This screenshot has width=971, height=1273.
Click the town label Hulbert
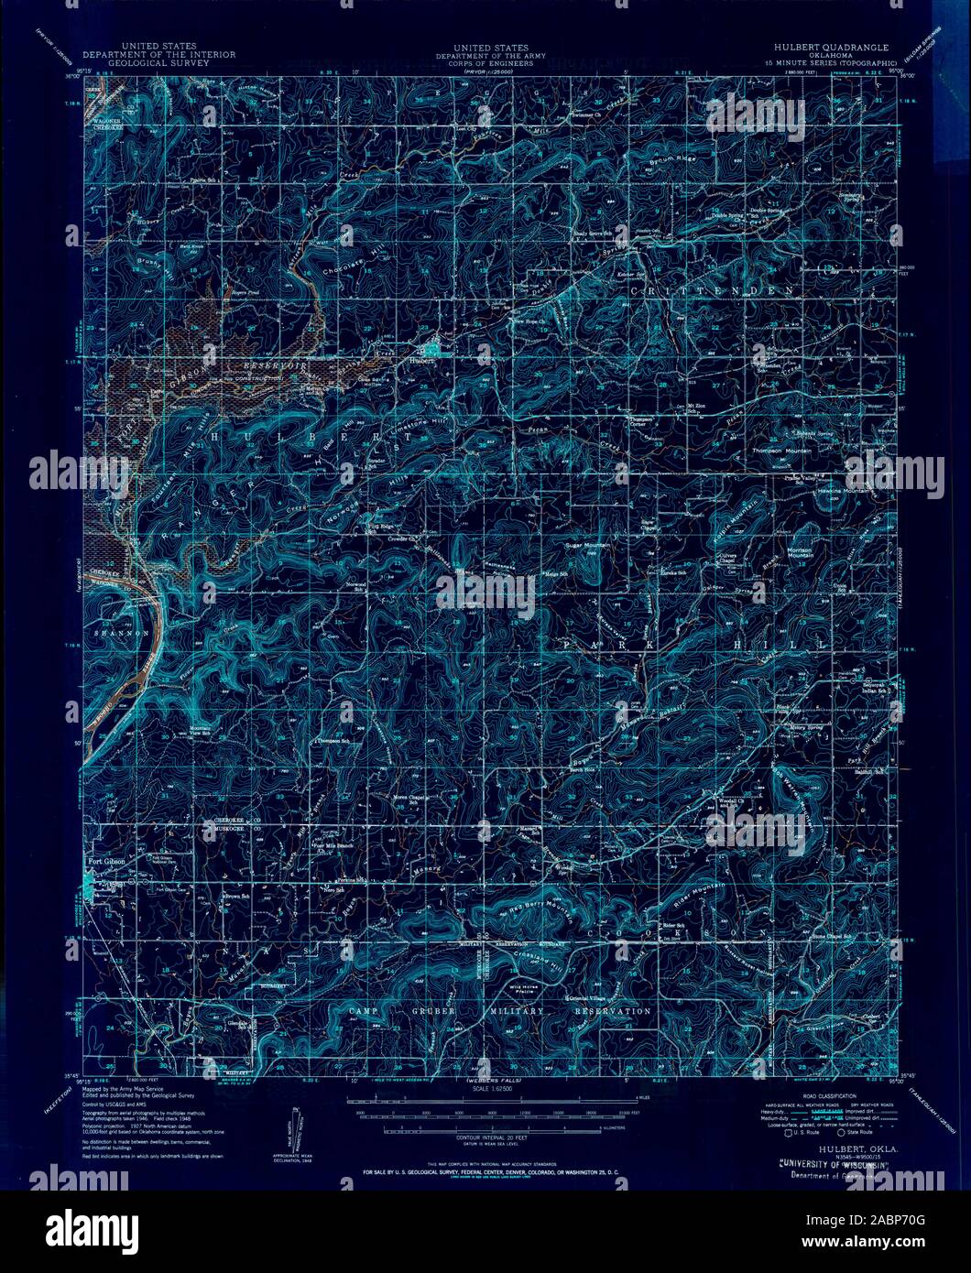point(421,361)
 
